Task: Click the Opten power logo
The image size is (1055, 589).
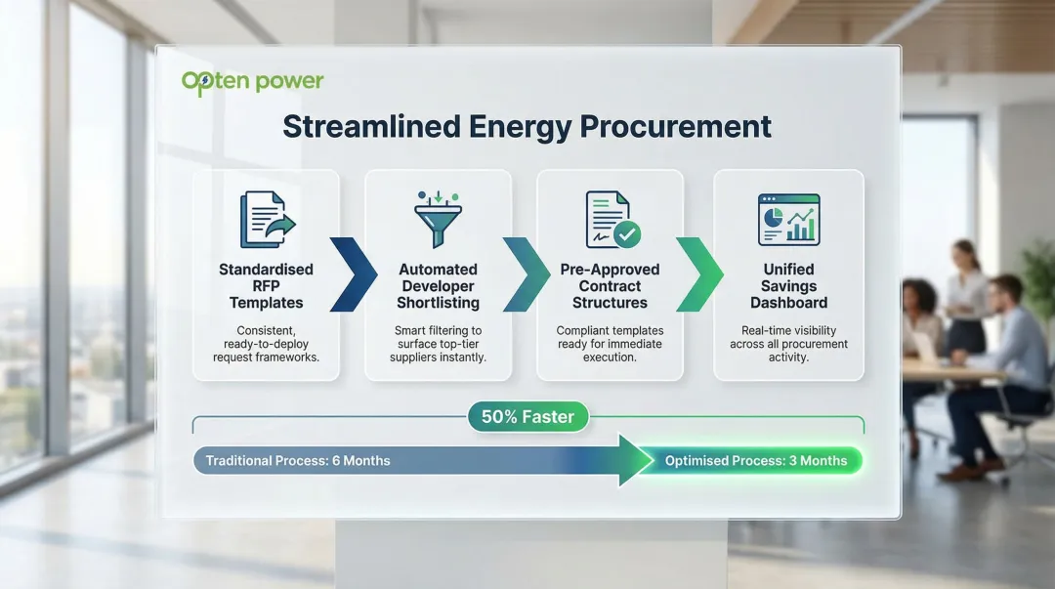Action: tap(252, 82)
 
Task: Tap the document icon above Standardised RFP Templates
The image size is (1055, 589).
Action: tap(266, 220)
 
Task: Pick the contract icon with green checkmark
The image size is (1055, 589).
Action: tap(612, 220)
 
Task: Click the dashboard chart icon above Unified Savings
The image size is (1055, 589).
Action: tap(788, 220)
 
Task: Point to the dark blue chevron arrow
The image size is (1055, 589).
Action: tap(353, 274)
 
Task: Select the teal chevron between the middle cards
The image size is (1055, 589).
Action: tap(526, 274)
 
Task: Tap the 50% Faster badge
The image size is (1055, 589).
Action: tap(527, 417)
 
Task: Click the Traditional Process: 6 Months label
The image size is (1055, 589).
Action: tap(298, 461)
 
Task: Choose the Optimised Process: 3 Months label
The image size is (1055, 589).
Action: tap(755, 461)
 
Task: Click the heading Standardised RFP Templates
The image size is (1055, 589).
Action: tap(266, 286)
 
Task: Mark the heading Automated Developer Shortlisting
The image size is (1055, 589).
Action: tap(438, 286)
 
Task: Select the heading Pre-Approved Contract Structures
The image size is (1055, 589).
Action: tap(610, 286)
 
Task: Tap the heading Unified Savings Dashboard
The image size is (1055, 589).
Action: tap(788, 286)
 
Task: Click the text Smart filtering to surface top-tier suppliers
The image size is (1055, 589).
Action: tap(438, 345)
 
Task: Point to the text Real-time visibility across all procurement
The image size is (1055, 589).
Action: tap(788, 345)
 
